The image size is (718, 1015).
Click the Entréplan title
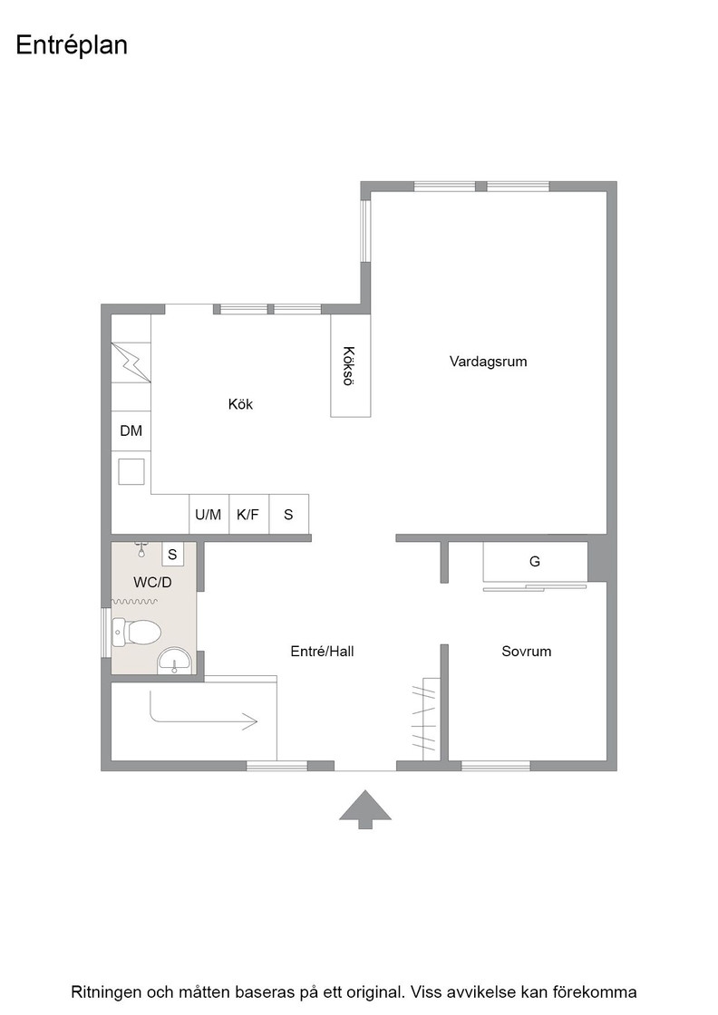coord(72,46)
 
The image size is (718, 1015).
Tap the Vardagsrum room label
coord(488,362)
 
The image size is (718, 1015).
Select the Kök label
coord(240,404)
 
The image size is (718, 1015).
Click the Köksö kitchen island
coord(351,366)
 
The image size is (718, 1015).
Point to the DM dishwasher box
coord(131,431)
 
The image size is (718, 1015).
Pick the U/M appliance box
coord(209,515)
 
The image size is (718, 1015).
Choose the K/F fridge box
coord(248,515)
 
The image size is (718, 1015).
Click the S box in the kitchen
coord(289,515)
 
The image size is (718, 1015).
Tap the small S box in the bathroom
coord(172,554)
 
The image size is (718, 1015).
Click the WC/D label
coord(153,583)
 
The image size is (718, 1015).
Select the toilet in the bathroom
coord(136,632)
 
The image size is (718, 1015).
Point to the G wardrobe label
coord(535,562)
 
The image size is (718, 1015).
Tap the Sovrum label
coord(527,652)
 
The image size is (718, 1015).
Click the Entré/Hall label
coord(323,652)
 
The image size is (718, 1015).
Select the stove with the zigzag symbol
coord(131,362)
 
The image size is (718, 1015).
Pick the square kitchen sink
coord(131,471)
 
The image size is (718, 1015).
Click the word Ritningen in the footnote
coord(106,991)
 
